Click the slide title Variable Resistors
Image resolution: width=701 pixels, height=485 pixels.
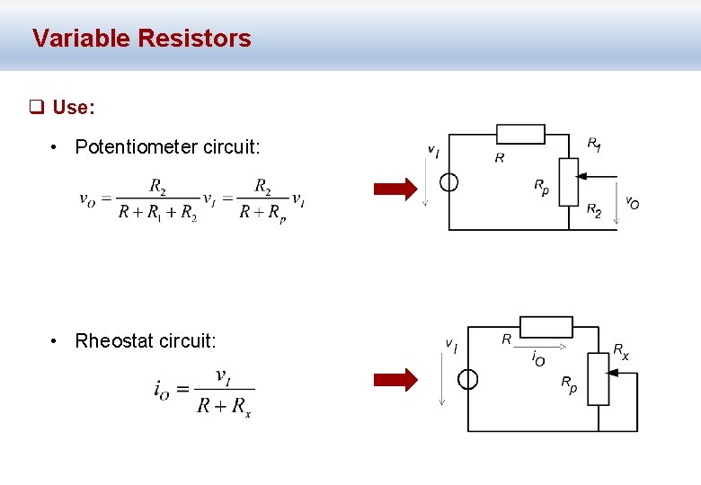[141, 39]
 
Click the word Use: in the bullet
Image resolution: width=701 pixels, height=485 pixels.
[73, 108]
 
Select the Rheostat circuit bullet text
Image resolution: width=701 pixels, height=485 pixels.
[146, 341]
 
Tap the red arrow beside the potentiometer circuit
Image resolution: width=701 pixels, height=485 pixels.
[395, 189]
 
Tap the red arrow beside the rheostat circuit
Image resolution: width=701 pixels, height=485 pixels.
[395, 380]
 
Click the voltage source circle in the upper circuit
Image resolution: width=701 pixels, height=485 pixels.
[449, 182]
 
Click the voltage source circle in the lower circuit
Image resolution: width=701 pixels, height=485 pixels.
[467, 379]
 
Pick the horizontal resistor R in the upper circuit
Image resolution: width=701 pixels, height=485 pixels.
[520, 135]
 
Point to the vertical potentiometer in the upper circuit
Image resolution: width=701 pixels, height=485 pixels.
[568, 182]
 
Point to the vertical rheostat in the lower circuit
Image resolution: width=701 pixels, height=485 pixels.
[598, 379]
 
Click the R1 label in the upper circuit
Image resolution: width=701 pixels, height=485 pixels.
[595, 144]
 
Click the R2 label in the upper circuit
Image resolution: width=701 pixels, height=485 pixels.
[594, 210]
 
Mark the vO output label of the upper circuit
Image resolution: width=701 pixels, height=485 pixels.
[632, 203]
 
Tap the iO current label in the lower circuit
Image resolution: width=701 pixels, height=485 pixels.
[537, 359]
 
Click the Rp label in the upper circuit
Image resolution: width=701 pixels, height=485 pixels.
[541, 187]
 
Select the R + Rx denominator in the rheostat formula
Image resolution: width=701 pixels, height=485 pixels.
[225, 406]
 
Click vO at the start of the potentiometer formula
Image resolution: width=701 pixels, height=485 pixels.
[88, 199]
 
